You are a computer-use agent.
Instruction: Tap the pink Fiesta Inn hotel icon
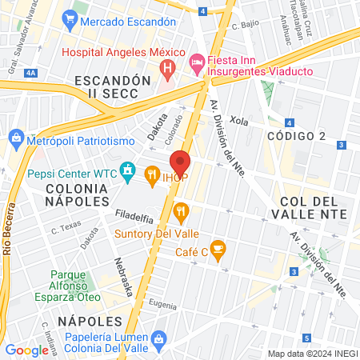coord(195,62)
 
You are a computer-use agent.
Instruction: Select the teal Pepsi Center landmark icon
coord(126,170)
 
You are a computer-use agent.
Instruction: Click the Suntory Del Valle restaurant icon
coord(182,212)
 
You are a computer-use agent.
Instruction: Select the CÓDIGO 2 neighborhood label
coord(297,136)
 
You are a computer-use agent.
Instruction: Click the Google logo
coord(27,350)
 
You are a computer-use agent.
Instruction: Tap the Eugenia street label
coord(162,304)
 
